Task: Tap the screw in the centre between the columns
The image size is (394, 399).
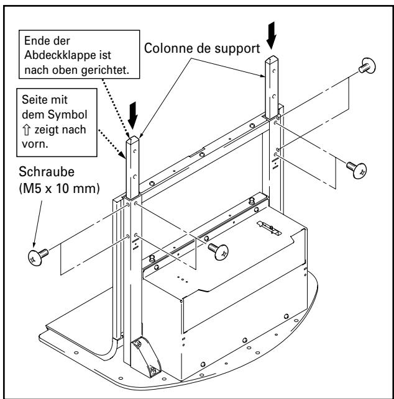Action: coord(218,250)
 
